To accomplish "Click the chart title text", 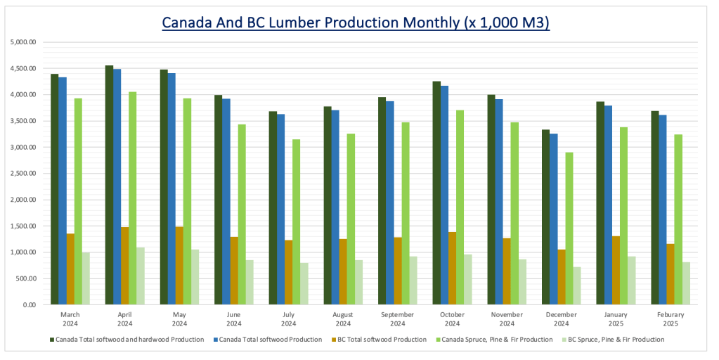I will point(355,22).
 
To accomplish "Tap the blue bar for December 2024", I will point(554,219).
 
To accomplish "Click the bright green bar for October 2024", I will point(460,207).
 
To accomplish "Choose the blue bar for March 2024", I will point(63,191).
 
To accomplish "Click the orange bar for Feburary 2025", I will point(671,274).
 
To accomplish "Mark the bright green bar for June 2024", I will point(242,214).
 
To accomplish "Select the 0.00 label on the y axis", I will point(30,305).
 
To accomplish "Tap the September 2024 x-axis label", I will point(398,319).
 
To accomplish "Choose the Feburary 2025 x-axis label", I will point(671,319).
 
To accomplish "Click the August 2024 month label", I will point(343,319).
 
